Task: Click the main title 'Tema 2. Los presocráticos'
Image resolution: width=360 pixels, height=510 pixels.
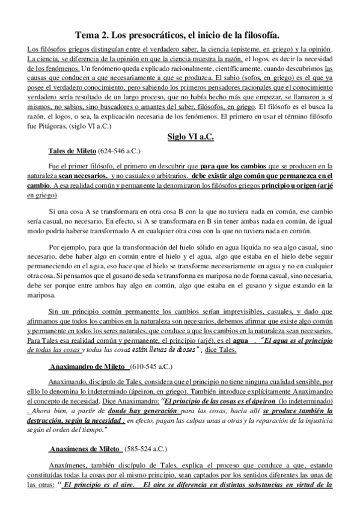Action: pos(180,35)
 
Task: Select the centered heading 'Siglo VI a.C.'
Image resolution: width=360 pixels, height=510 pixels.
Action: pos(191,137)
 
